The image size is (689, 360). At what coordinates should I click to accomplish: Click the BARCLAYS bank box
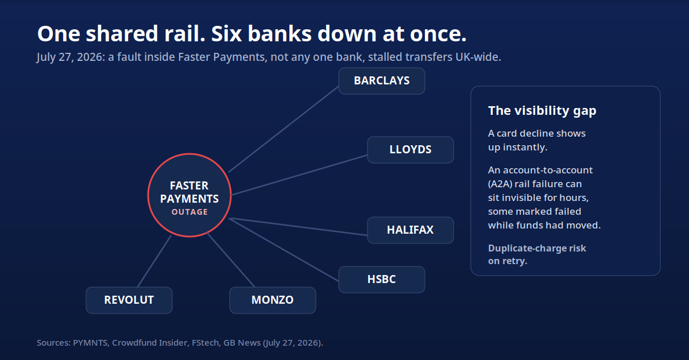point(382,81)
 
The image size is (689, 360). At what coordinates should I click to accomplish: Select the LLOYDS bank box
point(411,150)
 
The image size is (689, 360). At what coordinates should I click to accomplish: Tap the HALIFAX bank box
point(411,230)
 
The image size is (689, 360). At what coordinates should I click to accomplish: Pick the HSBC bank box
point(382,280)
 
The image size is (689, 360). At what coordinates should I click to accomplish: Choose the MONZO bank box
point(273,300)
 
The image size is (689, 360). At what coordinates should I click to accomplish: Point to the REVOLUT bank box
point(129,300)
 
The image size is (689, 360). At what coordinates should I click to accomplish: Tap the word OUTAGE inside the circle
point(189,212)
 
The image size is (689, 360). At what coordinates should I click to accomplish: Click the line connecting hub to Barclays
point(284,129)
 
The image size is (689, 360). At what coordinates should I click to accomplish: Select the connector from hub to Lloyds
point(299,175)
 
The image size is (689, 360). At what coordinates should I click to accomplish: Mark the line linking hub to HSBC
point(284,250)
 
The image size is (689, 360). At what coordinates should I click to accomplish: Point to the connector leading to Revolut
point(154,261)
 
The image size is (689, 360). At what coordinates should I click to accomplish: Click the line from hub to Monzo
point(231,260)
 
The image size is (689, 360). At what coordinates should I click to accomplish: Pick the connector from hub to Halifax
point(299,227)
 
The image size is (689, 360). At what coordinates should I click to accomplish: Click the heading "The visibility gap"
point(542,111)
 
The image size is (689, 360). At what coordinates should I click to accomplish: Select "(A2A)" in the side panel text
point(500,184)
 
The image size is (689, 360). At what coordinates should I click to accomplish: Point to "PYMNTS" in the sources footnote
point(90,343)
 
